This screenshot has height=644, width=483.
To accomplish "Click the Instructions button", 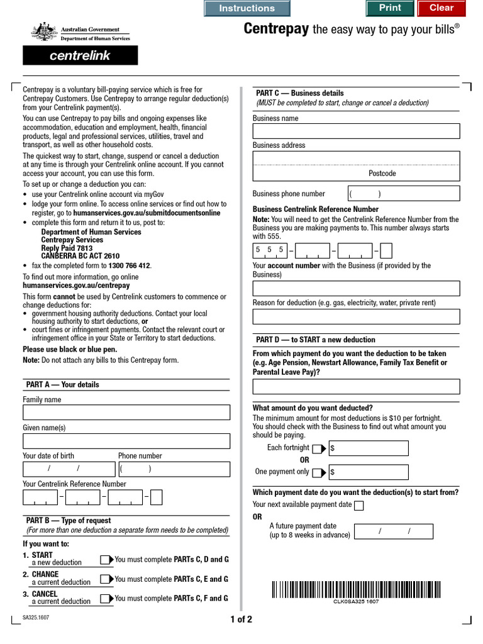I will (247, 8).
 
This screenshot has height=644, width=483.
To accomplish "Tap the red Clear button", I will (441, 8).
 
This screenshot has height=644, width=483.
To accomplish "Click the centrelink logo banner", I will (80, 55).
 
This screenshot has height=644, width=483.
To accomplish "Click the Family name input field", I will (126, 413).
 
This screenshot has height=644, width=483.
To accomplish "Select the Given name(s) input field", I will (126, 441).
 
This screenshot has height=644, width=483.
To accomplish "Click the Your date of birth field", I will (69, 469).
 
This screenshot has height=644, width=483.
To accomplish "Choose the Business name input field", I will (356, 131).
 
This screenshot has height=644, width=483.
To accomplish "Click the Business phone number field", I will (404, 194).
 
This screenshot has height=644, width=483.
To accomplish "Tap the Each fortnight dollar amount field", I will (369, 448).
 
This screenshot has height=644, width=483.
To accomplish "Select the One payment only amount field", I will (369, 472).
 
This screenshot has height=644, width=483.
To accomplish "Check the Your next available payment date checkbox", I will (358, 506).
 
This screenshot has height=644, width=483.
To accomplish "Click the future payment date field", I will (393, 532).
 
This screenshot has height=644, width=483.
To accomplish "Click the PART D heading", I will (316, 340).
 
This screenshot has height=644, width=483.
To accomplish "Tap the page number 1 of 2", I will (241, 619).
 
